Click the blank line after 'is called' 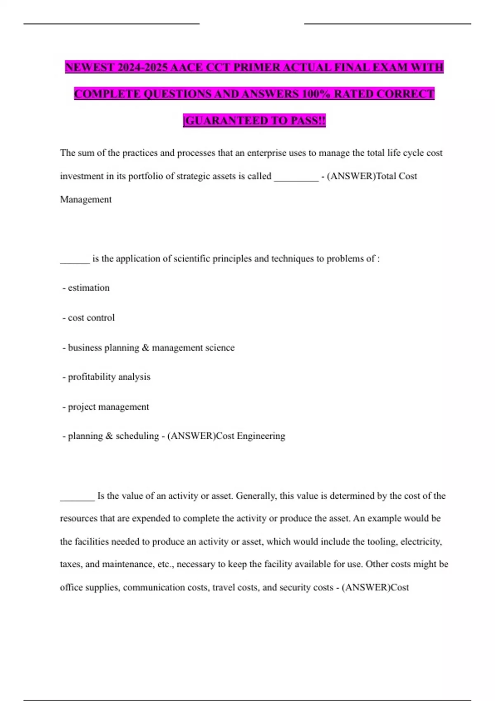tap(296, 177)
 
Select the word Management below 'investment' tap(86, 200)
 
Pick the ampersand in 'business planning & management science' tap(145, 348)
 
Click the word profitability tap(92, 377)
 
